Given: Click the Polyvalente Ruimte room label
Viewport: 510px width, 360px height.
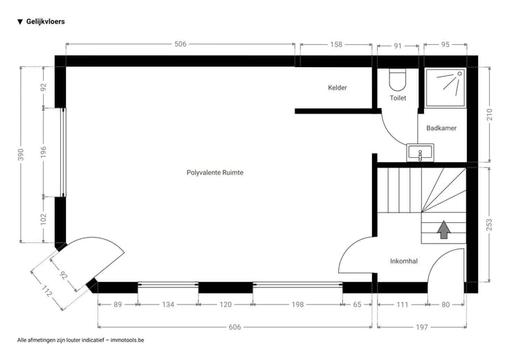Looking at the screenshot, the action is [215, 172].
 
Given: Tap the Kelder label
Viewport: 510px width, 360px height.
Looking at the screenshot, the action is [337, 87].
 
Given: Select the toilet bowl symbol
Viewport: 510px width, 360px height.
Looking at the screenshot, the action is [398, 80].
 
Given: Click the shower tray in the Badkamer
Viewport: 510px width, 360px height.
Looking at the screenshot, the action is [446, 87].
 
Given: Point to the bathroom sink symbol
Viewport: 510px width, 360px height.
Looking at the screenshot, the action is [420, 153].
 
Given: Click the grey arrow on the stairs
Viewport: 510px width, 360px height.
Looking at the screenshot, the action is [443, 230].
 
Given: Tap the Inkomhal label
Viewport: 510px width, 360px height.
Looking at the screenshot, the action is [404, 261].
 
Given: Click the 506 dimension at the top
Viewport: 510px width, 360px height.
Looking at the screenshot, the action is [181, 44].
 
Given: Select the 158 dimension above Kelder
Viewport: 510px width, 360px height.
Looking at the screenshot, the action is [336, 44].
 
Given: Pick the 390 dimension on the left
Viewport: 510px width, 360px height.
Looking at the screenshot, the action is [21, 154].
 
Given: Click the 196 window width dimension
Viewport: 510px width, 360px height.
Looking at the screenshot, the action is [43, 152].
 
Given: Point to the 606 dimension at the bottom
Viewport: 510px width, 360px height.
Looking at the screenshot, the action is [234, 327].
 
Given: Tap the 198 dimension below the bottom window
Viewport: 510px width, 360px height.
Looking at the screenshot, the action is [297, 305].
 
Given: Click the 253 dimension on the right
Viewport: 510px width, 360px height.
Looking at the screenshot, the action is [489, 225].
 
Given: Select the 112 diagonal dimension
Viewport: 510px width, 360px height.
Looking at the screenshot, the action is [46, 291].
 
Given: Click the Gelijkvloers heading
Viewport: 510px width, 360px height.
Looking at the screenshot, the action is [46, 21].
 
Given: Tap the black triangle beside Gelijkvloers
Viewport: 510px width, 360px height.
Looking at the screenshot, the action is [20, 21].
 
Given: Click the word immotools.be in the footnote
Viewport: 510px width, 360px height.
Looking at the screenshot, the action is [127, 340].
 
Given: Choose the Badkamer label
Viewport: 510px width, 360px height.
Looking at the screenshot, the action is [441, 128].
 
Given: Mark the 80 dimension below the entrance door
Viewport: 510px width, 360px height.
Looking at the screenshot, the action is [446, 305].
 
